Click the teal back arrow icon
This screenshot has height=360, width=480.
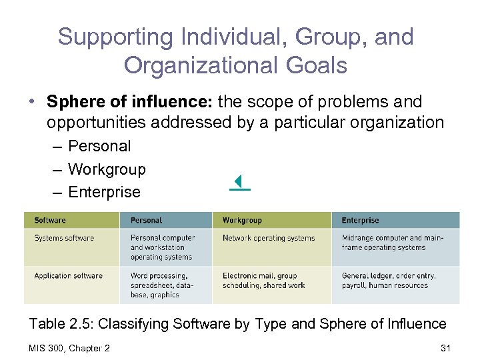click(x=239, y=182)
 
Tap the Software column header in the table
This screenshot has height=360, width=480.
click(x=51, y=221)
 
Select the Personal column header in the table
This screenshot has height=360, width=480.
click(x=146, y=221)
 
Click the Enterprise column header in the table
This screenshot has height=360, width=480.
click(x=360, y=221)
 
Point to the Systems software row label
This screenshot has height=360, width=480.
click(x=64, y=238)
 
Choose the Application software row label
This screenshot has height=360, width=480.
click(x=69, y=276)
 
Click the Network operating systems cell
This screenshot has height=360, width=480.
click(x=269, y=238)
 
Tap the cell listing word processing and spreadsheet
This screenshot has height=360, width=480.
click(x=159, y=285)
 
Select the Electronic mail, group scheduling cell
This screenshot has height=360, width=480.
click(x=264, y=281)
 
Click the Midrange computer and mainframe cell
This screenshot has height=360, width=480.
click(x=392, y=243)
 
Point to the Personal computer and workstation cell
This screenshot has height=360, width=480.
click(x=163, y=247)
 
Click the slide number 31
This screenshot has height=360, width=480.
click(x=447, y=348)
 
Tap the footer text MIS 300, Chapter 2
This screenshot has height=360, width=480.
click(x=70, y=348)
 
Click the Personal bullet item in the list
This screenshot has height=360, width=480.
click(x=99, y=146)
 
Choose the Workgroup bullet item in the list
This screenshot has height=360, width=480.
click(x=107, y=169)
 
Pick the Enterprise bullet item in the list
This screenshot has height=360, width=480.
click(x=104, y=192)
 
